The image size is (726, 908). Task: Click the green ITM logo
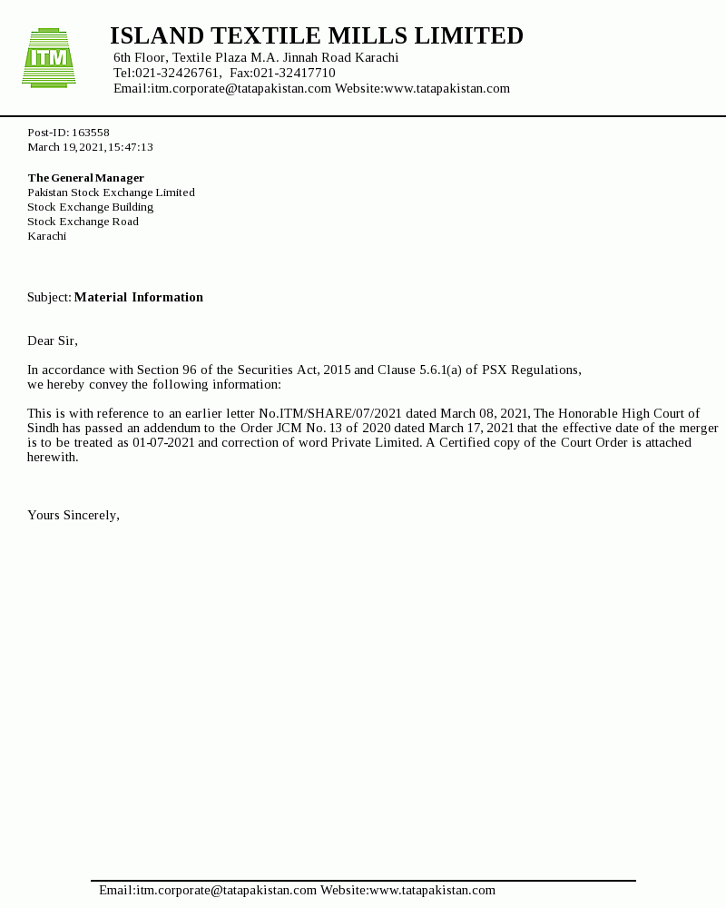pos(49,58)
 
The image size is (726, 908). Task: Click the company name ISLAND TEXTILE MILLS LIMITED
pos(317,36)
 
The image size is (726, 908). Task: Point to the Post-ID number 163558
pos(91,133)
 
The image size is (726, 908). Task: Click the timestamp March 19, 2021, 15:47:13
pos(90,147)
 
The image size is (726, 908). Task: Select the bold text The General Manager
pos(85,178)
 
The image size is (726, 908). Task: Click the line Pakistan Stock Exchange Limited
pos(111,192)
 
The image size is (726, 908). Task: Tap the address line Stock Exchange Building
pos(90,207)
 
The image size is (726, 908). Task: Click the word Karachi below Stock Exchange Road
pos(46,236)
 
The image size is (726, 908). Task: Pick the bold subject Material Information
pos(139,298)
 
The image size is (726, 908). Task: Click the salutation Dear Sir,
pos(53,341)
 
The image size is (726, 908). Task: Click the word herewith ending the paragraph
pos(53,458)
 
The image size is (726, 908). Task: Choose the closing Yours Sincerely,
pos(74,516)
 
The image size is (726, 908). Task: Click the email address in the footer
pos(208,891)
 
